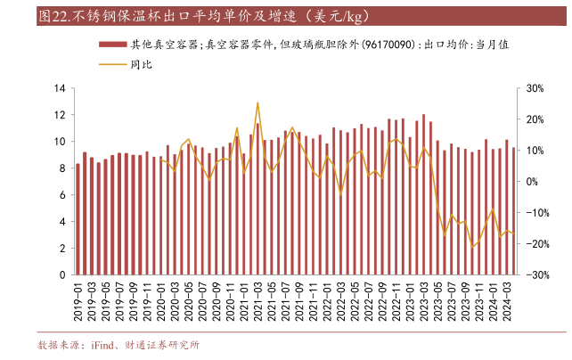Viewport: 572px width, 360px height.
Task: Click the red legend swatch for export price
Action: (110, 43)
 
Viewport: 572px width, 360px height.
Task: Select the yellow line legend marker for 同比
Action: (110, 64)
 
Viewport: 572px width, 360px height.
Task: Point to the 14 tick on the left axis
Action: (60, 88)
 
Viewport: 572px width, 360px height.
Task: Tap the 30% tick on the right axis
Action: (536, 88)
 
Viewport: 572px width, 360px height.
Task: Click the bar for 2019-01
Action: (78, 219)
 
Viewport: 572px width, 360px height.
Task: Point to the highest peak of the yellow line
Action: (257, 103)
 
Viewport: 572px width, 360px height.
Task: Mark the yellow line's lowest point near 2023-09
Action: (473, 246)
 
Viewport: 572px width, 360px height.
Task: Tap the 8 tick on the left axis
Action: (62, 168)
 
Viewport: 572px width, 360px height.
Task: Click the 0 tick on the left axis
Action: (62, 275)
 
